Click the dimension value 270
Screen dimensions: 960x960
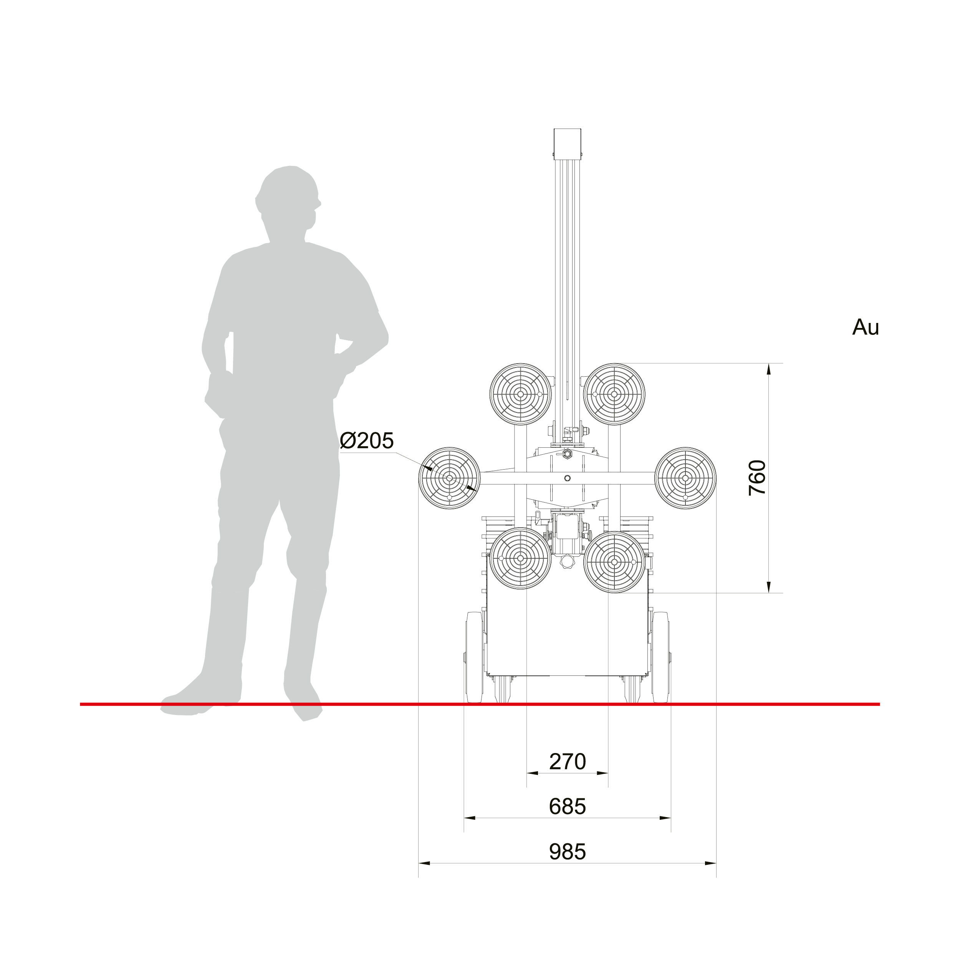click(568, 762)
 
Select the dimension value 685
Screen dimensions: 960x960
click(568, 806)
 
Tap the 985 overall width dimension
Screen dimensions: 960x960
click(568, 852)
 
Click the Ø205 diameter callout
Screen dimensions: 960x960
click(367, 441)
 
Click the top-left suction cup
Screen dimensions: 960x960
click(521, 394)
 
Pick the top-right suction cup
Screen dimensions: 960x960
click(614, 394)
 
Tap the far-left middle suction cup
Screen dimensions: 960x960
click(450, 478)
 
